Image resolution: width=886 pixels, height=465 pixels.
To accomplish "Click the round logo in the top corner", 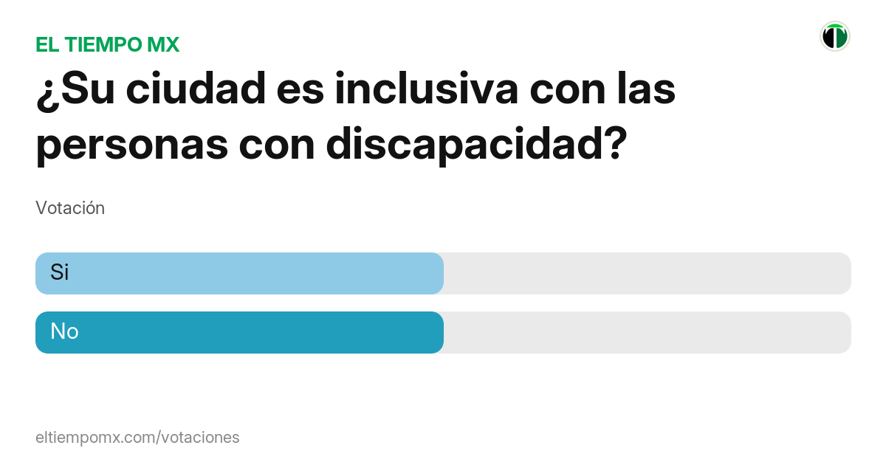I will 835,36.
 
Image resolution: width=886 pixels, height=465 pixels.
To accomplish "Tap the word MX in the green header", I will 163,45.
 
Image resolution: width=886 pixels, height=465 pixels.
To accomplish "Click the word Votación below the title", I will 70,208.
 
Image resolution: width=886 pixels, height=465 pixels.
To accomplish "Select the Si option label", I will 59,272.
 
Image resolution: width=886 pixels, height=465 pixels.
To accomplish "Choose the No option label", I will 64,332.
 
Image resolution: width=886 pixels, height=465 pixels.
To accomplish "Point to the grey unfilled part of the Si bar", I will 646,273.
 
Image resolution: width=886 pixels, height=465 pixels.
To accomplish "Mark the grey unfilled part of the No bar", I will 646,332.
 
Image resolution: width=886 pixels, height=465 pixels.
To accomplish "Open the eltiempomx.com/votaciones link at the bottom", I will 137,438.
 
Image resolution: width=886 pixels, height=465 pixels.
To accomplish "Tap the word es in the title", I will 301,90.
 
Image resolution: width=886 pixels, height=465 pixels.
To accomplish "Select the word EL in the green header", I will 47,45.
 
